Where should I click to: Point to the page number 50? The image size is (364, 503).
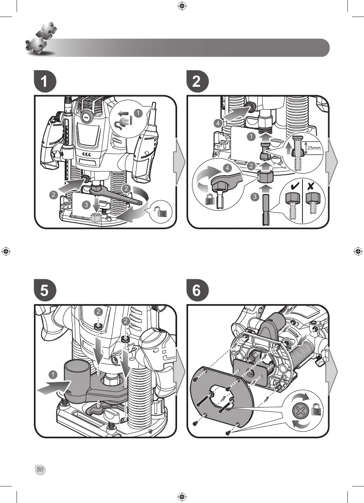point(40,469)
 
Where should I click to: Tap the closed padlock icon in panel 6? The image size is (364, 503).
point(317,411)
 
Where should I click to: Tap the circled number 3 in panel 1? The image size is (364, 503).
point(87,204)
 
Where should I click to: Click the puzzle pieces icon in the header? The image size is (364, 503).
point(39,40)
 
